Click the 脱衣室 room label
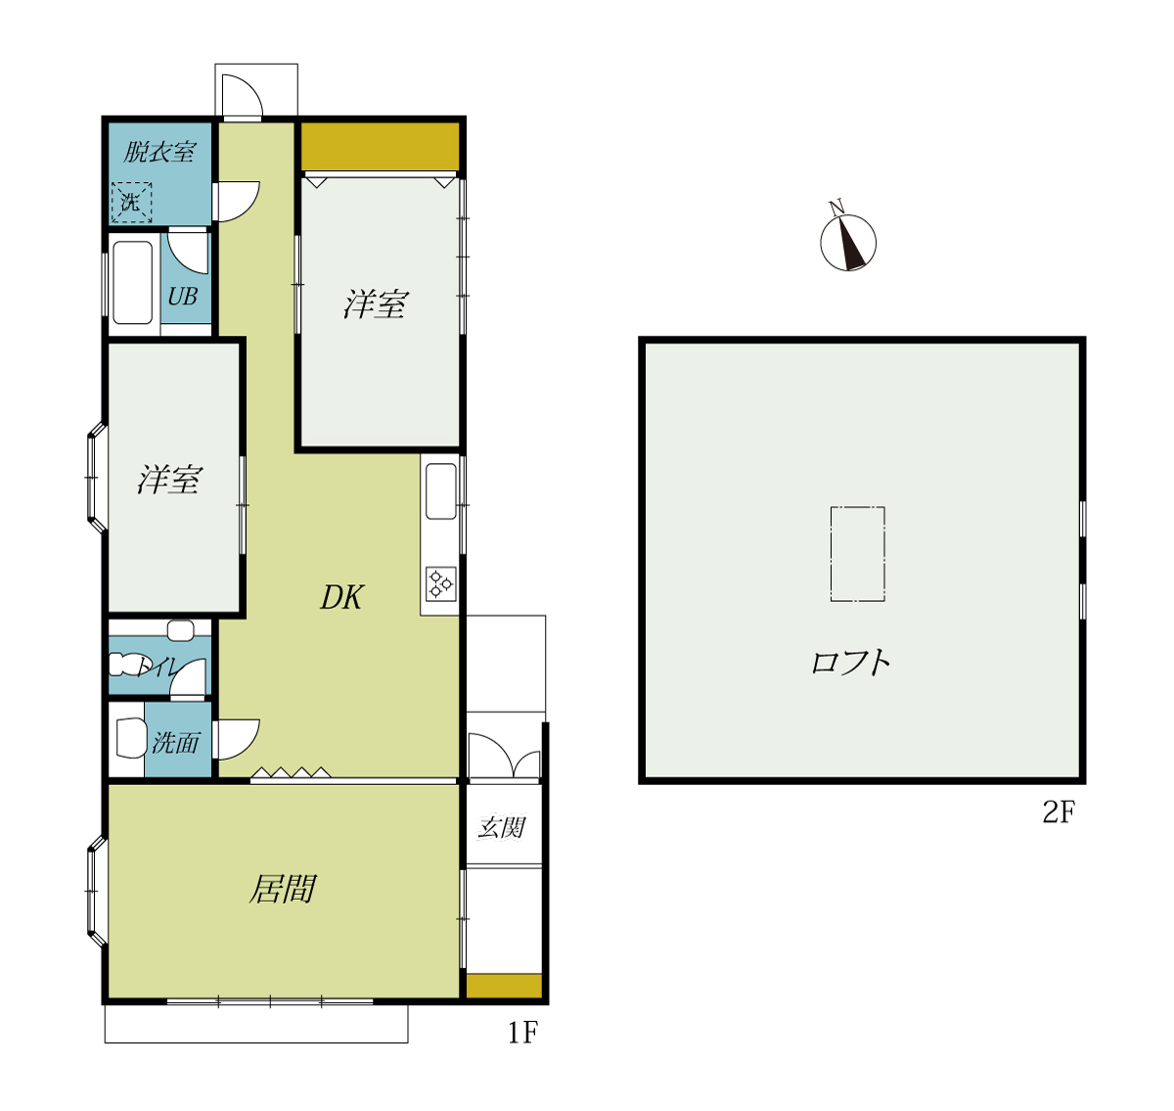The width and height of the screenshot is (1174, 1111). point(158,151)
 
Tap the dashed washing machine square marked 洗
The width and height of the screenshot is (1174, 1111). point(131,202)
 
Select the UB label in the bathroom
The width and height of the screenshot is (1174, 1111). point(182,296)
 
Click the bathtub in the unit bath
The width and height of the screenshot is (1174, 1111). point(132,282)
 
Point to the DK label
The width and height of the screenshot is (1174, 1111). point(341,596)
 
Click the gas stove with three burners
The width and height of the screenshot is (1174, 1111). point(440,583)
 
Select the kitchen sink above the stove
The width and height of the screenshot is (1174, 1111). point(440,491)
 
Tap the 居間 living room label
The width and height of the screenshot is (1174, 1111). point(282,889)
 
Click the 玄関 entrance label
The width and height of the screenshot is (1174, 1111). point(502,827)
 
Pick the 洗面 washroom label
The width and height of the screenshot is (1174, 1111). point(175,743)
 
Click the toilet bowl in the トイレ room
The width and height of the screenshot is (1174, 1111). point(126,664)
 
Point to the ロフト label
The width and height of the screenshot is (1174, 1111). point(850,663)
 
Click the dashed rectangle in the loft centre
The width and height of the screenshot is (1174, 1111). point(858,554)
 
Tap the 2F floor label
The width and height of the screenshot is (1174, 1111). point(1059,811)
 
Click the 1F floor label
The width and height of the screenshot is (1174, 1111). point(522,1032)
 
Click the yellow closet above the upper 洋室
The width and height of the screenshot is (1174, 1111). point(380,147)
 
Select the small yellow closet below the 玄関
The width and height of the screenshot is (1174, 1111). point(504,986)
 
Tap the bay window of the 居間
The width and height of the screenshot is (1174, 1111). point(96,891)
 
